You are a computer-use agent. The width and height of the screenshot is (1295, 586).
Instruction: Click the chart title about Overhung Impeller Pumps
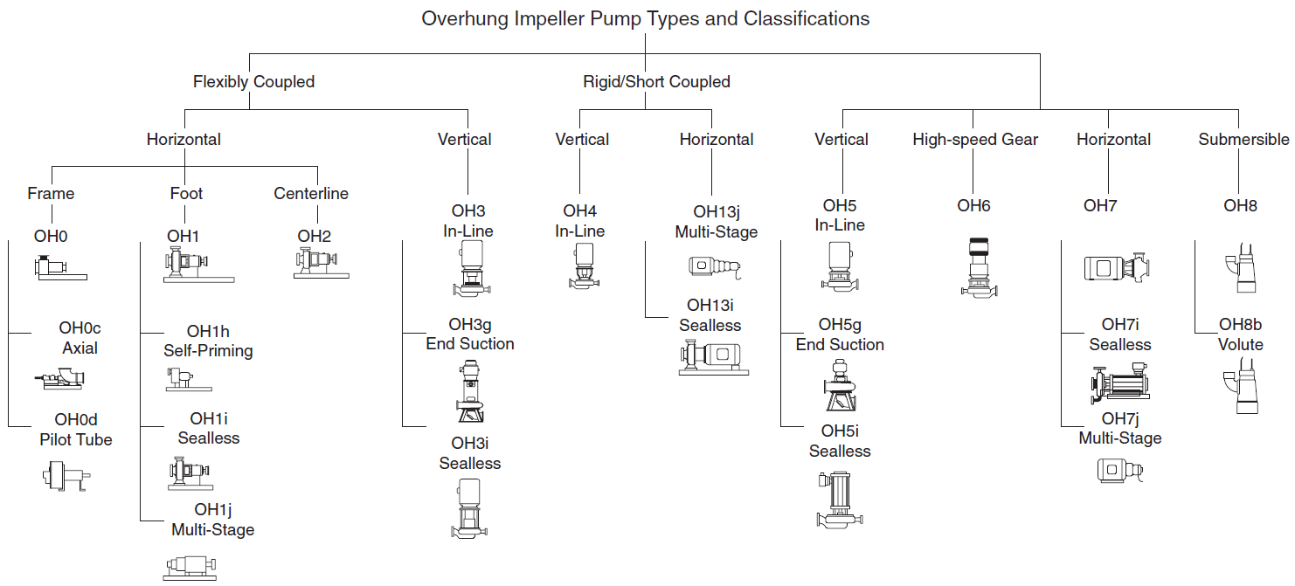click(x=645, y=18)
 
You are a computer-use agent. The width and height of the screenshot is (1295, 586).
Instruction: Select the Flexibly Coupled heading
click(x=253, y=81)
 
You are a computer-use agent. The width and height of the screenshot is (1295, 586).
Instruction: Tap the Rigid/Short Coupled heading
click(x=656, y=81)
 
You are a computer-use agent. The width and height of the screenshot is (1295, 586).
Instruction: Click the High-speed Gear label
click(x=975, y=139)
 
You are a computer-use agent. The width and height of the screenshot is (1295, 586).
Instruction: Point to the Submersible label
click(x=1243, y=139)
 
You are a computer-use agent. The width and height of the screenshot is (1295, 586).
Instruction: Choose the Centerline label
click(x=311, y=193)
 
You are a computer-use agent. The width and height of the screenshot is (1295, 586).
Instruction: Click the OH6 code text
click(x=973, y=206)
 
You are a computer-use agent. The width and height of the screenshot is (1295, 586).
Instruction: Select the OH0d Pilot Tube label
click(x=76, y=430)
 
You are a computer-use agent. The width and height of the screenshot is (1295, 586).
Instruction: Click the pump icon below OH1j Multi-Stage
click(x=190, y=567)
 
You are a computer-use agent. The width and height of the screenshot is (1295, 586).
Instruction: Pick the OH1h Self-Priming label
click(x=208, y=341)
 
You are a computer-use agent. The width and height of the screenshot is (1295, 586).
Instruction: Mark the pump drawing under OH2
click(x=321, y=263)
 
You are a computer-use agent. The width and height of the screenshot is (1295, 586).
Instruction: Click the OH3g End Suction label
click(x=470, y=334)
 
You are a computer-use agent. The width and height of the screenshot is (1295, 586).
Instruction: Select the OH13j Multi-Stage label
click(x=716, y=222)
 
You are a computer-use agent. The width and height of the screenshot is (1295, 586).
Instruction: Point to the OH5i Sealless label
click(x=840, y=441)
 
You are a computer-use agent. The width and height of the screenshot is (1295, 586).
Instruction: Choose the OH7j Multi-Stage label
click(x=1119, y=429)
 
